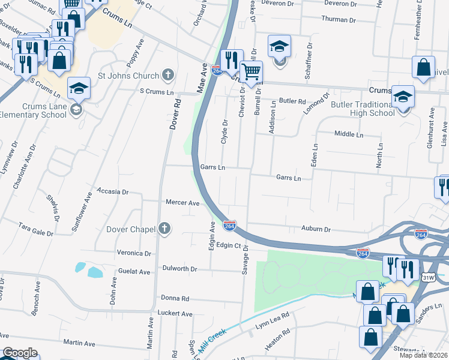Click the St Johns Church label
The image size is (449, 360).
[128, 76]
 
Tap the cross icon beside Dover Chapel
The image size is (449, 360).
[164, 229]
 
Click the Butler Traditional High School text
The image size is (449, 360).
[363, 109]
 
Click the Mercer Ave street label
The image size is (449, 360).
[182, 203]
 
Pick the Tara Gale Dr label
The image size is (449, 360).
[36, 229]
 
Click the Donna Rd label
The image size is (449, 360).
[175, 298]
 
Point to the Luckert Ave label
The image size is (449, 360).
[175, 314]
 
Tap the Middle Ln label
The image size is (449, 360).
[349, 134]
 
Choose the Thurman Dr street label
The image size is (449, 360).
[339, 19]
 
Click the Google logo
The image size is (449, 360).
[20, 353]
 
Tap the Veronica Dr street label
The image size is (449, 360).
[134, 253]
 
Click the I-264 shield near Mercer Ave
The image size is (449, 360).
[229, 225]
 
